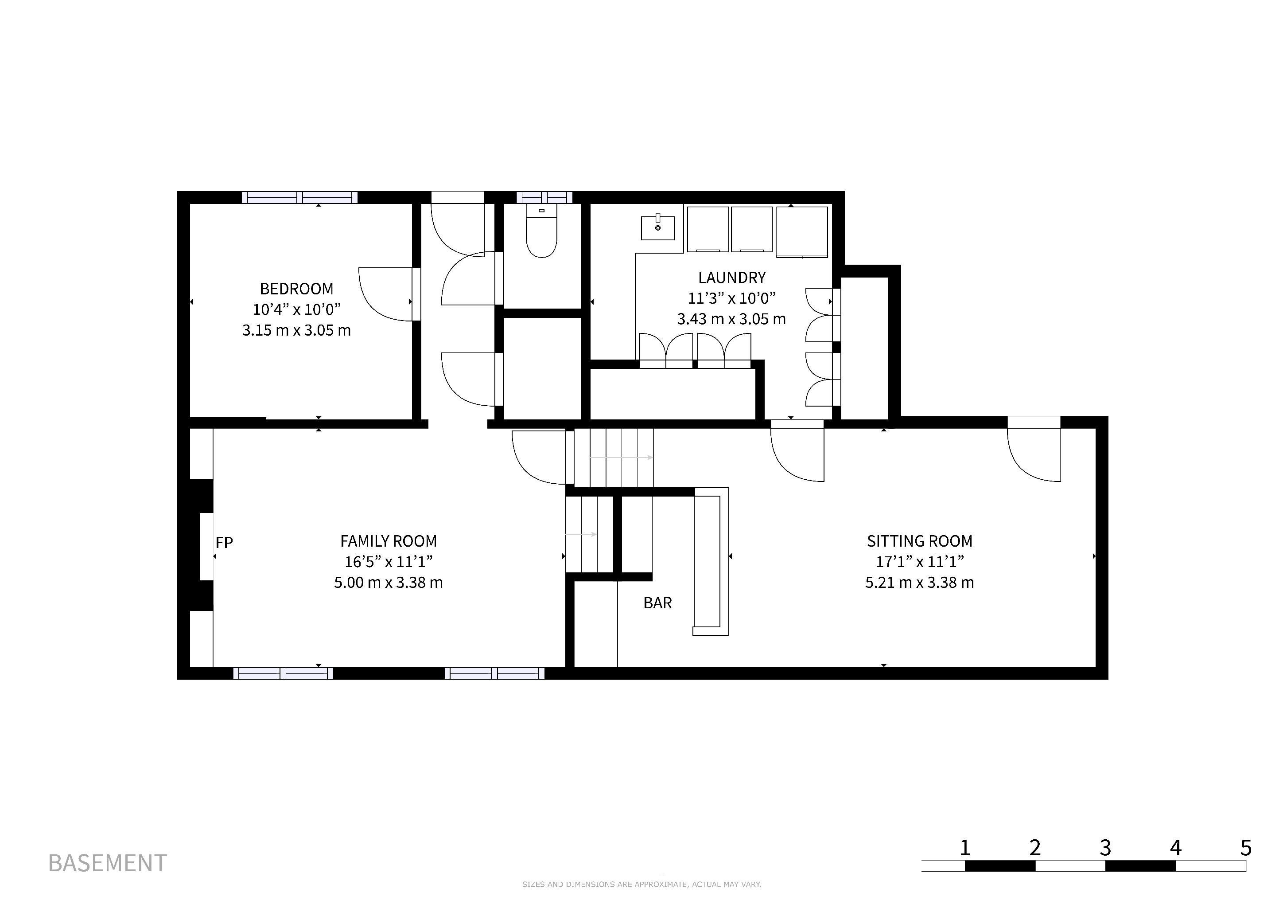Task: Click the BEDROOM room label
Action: (296, 289)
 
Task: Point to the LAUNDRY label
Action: (731, 277)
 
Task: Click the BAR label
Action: (658, 603)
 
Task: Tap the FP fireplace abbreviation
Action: (224, 542)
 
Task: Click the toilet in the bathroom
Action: (541, 231)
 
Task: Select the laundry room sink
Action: (658, 227)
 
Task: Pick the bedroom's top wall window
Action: (300, 197)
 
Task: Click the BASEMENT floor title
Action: (107, 863)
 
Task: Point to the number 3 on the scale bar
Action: (1105, 848)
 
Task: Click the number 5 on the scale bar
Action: (1246, 848)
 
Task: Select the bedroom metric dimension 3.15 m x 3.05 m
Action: (296, 330)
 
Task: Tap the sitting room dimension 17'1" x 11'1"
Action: (919, 561)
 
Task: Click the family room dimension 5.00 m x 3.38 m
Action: (389, 583)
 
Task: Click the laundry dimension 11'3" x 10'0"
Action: (731, 298)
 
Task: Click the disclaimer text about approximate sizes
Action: (641, 885)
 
